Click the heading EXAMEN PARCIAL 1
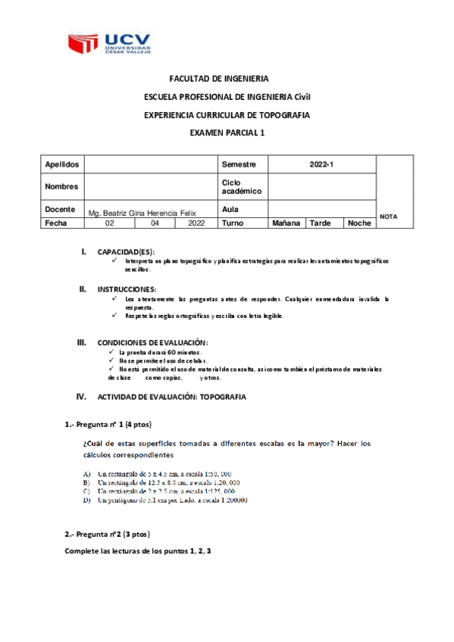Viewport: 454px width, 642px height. [x=227, y=132]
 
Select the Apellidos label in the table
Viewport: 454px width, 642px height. [x=61, y=164]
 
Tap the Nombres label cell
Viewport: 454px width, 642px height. [x=61, y=185]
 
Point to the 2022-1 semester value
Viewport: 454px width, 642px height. [x=321, y=164]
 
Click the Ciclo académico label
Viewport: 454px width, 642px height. [x=240, y=186]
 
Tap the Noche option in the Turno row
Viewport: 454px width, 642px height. [x=359, y=223]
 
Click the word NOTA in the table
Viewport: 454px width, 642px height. [x=388, y=217]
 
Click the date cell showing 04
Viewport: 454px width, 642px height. [x=155, y=223]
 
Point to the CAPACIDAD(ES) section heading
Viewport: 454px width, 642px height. [x=126, y=251]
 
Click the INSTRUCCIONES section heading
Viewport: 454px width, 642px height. [x=127, y=289]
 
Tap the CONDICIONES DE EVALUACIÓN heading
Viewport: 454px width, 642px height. [x=153, y=342]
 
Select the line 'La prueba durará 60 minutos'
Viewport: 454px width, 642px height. [x=159, y=353]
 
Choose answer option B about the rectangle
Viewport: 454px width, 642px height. [x=162, y=481]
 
